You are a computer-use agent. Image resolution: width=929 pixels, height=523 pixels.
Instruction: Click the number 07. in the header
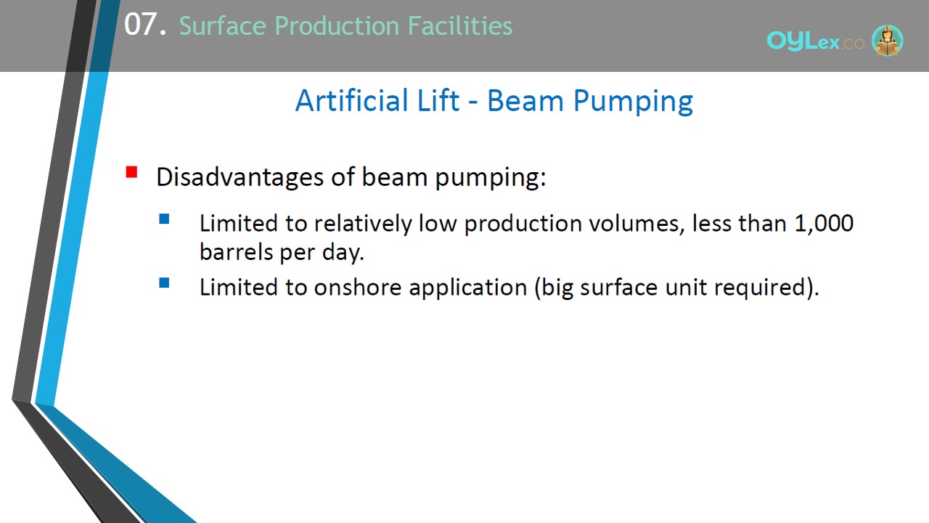point(145,25)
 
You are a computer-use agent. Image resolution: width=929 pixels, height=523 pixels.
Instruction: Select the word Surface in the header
point(223,25)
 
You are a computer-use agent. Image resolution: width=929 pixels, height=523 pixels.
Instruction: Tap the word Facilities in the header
point(460,25)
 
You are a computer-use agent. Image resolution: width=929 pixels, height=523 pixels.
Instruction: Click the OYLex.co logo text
point(815,41)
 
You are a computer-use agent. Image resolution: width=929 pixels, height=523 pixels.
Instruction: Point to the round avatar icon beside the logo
point(887,40)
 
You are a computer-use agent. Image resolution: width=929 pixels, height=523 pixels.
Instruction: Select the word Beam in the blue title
point(525,100)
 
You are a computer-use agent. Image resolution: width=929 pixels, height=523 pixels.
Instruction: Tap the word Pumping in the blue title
point(633,102)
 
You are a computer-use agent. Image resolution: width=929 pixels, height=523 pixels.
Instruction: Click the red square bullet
point(131,172)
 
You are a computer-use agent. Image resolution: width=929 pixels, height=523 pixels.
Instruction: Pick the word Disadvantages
point(240,177)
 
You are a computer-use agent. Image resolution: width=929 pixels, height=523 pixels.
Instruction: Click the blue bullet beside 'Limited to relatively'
point(164,219)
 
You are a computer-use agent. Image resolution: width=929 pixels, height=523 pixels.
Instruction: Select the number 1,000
point(824,223)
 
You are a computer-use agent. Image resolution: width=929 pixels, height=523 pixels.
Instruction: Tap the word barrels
point(236,251)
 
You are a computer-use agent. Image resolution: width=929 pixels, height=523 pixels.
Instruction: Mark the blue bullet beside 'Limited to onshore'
point(164,283)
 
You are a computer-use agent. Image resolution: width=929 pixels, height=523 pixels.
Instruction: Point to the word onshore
point(358,287)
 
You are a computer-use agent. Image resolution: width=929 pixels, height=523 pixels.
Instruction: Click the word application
point(468,288)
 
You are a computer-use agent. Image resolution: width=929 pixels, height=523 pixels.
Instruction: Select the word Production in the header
point(337,25)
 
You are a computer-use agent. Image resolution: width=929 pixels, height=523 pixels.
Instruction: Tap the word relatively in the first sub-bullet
point(363,224)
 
